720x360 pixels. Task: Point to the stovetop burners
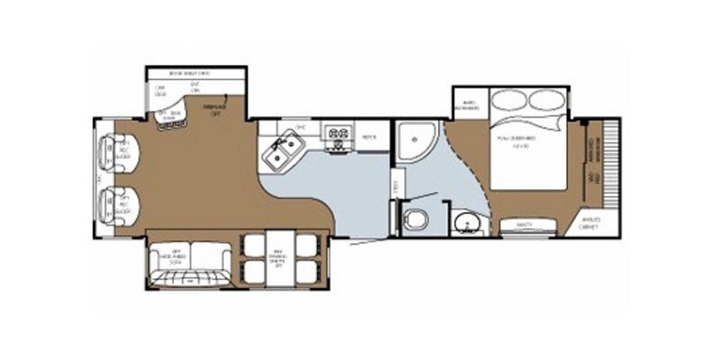coord(339,136)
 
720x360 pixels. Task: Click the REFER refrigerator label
coord(369,137)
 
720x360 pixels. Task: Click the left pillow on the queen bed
coord(509,101)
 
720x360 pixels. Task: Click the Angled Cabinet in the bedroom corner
coord(590,222)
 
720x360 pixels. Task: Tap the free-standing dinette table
coord(282,259)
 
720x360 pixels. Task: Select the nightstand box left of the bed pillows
coord(468,103)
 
